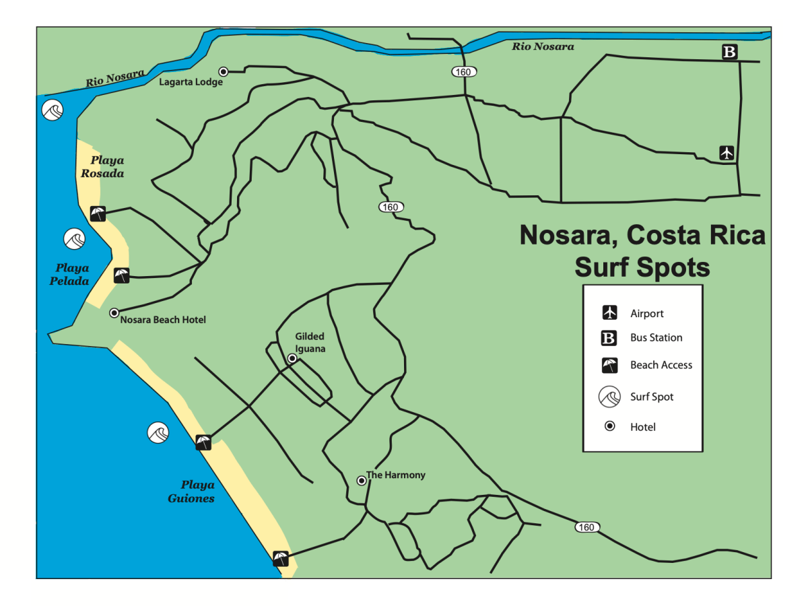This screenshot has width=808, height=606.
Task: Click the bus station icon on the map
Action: coord(730,52)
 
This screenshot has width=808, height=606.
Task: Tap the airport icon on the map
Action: coord(726,153)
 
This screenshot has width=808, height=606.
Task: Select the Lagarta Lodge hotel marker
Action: coord(223,71)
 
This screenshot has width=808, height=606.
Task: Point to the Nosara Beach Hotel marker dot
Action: coord(114,312)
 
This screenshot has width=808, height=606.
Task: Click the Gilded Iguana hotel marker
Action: coord(292,358)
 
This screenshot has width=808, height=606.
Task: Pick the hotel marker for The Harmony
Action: coord(362,480)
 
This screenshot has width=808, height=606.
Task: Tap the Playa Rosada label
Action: coord(108,167)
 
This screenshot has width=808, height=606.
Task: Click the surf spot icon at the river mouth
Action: coord(52,110)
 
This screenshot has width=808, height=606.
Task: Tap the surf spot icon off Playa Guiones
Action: coord(158,432)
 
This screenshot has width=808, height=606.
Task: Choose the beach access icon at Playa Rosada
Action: coord(98,214)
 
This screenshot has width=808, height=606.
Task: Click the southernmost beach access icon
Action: coord(281,558)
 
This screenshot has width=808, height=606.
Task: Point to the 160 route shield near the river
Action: coord(464,71)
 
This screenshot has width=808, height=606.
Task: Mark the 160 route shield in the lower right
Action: coord(587,527)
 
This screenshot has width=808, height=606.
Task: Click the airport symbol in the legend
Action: coord(610,313)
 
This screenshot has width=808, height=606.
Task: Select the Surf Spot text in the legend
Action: coord(652,397)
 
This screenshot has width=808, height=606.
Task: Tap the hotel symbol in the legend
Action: coord(610,426)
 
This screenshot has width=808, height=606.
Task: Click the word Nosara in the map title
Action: coord(568,236)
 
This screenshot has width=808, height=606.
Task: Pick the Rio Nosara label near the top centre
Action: coord(543,46)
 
